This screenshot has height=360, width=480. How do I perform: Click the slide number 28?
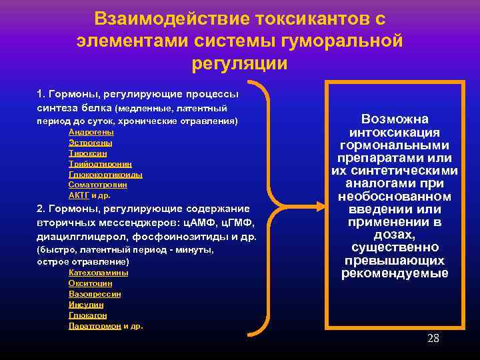(x=433, y=339)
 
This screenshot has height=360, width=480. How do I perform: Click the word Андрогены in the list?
(x=91, y=132)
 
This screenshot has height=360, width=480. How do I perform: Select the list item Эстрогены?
(x=90, y=143)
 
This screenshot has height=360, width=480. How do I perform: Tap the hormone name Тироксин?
(x=87, y=153)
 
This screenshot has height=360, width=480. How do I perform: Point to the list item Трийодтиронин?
(x=100, y=164)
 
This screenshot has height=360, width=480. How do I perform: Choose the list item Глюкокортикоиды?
(x=105, y=175)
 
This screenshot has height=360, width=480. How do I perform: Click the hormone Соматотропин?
(x=99, y=185)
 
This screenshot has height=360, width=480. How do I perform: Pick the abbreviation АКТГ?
(x=79, y=196)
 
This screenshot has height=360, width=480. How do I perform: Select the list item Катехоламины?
(x=99, y=273)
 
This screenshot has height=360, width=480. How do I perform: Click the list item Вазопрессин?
(x=95, y=294)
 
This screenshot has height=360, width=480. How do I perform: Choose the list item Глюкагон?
(x=87, y=315)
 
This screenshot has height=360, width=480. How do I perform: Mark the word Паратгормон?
(x=95, y=326)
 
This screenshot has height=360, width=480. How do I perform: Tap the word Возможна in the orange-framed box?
(x=395, y=119)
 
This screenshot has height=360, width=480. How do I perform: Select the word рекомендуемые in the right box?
(x=395, y=273)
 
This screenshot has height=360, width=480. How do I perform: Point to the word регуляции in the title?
(x=240, y=63)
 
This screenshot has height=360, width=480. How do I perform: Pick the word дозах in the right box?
(x=394, y=235)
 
